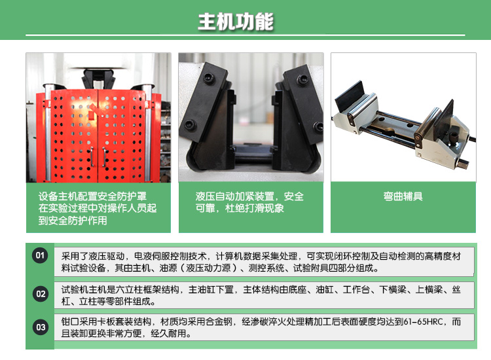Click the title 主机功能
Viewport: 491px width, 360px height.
point(236,22)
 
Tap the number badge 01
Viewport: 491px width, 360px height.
point(40,255)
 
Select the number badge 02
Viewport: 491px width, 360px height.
point(41,294)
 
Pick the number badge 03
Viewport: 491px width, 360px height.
point(41,327)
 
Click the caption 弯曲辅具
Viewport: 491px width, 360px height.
point(403,196)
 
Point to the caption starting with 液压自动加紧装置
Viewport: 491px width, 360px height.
point(249,202)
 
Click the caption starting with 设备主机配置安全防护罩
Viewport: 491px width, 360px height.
point(98,208)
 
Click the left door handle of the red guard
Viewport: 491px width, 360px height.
point(92,157)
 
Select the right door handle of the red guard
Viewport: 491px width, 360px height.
point(104,157)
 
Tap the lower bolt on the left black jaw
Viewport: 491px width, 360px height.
point(190,124)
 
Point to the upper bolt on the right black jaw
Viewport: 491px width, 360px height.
point(302,79)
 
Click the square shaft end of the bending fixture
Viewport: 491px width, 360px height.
point(463,164)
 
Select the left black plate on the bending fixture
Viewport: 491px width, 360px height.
point(349,96)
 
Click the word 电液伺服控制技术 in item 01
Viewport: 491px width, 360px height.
point(170,256)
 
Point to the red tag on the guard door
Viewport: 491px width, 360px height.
point(91,113)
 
